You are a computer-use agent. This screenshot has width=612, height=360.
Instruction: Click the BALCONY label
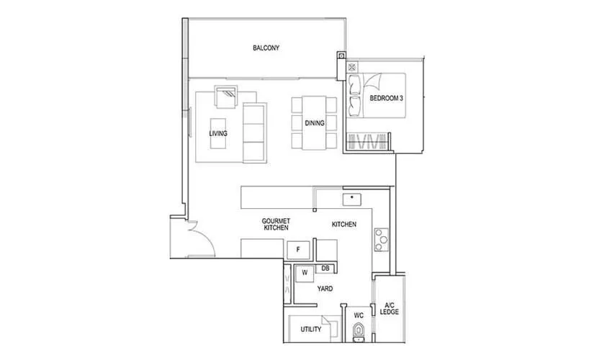coord(266,48)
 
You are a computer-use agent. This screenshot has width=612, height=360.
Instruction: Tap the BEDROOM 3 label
coord(386,98)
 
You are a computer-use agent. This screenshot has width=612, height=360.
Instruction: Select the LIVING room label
coord(218,134)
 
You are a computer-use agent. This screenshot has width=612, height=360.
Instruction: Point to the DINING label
coord(315,123)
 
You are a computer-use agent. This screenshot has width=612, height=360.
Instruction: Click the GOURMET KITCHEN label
coord(276,224)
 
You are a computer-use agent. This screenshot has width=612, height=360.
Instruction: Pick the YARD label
coord(325,288)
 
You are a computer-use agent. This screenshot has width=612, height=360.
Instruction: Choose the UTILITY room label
coord(311,330)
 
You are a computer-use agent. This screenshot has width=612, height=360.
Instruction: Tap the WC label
coord(358,315)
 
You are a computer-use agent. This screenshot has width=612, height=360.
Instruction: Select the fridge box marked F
coord(298,250)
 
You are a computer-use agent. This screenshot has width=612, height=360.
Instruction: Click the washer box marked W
coord(305,273)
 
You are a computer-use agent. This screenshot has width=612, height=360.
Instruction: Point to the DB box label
coord(325,269)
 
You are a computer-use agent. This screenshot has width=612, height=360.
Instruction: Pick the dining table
coord(315,123)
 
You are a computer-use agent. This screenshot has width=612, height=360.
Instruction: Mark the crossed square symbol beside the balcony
coord(341,56)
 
